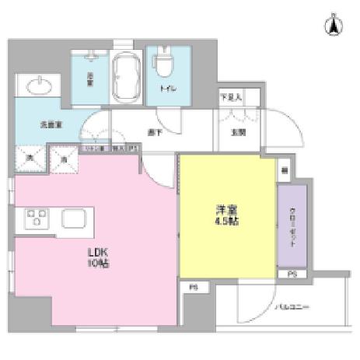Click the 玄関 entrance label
coord(238,131)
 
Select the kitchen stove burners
coord(36,218)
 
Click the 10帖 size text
coord(96,264)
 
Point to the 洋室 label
coord(226,209)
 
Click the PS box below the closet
coord(292,274)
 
